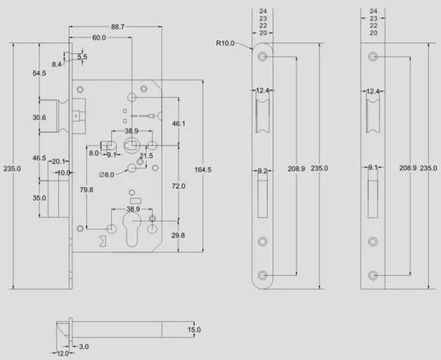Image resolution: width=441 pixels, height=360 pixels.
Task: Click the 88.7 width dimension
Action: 118,27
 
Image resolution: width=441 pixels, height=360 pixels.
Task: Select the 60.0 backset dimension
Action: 99,38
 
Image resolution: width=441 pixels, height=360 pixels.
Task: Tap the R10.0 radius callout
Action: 225,43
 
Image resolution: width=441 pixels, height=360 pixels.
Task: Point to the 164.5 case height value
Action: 202,170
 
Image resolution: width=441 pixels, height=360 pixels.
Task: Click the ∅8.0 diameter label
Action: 107,175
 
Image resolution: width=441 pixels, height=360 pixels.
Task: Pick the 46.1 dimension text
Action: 178,123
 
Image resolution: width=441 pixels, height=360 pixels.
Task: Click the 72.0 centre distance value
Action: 178,186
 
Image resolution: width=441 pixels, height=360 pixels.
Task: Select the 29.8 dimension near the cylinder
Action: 178,235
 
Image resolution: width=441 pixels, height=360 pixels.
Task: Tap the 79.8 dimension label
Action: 86,190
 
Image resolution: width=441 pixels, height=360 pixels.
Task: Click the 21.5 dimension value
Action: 147,156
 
